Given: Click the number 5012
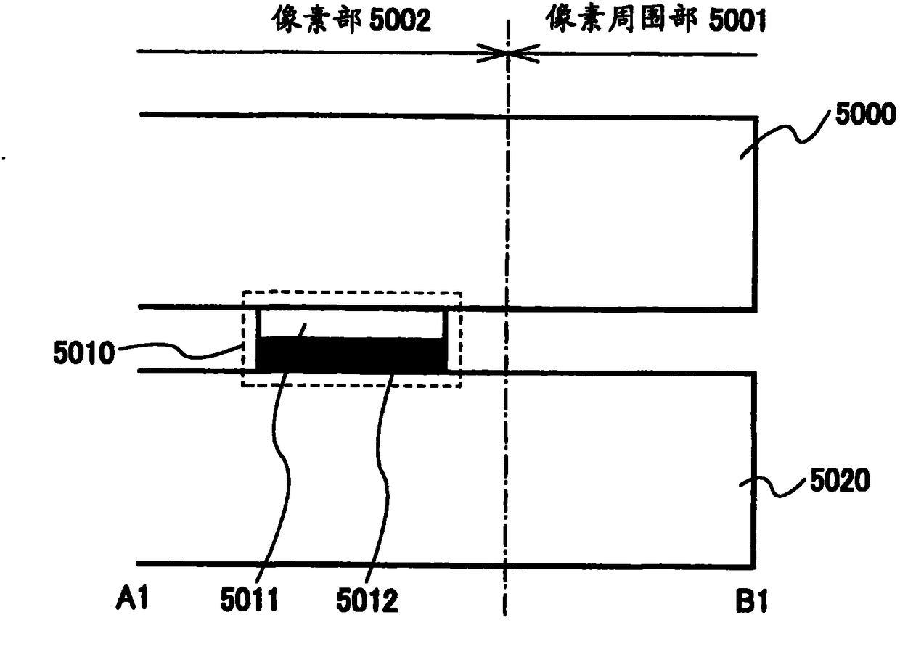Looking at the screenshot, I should (x=367, y=601).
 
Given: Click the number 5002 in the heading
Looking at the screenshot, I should (x=396, y=20).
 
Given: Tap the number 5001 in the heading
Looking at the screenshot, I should (x=731, y=20).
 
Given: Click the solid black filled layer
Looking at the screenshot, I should (x=352, y=355).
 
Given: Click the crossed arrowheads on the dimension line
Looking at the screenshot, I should (x=508, y=53).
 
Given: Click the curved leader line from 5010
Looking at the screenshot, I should (x=181, y=354).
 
